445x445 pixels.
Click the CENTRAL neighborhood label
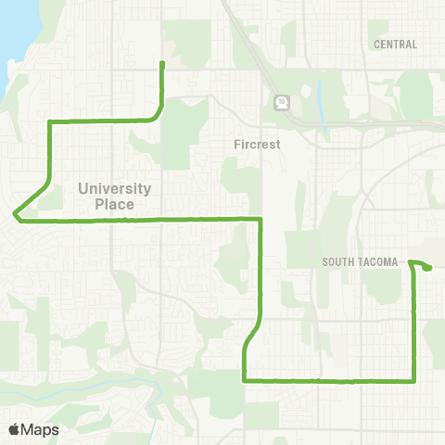395,44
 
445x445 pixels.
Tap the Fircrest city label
256,145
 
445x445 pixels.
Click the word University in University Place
114,188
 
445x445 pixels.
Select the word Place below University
114,203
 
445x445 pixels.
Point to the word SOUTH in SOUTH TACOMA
340,262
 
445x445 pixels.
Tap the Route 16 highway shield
278,102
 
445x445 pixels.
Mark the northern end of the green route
163,63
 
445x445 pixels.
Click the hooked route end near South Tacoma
429,268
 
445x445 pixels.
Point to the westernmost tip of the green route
15,217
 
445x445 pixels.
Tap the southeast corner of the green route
413,379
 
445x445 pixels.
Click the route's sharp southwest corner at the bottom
244,379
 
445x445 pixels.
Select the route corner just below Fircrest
261,220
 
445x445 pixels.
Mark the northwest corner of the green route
49,121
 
